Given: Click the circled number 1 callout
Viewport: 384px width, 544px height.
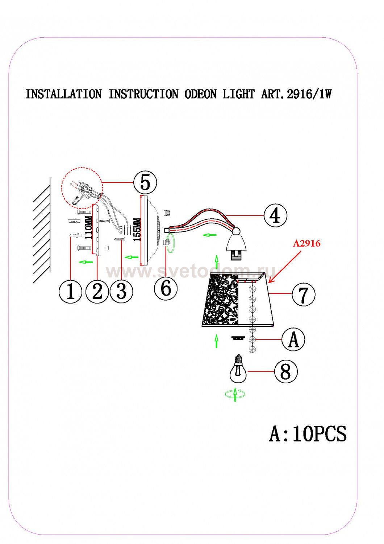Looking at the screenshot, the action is (71, 292).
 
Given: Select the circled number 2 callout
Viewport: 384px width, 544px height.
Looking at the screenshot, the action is (97, 292).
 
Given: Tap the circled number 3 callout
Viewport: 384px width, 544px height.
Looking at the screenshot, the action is (121, 292).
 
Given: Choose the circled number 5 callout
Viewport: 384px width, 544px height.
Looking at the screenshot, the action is (145, 182).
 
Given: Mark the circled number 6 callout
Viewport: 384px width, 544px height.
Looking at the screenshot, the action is (166, 289).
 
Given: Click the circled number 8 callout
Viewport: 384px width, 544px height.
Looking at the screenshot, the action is (286, 371).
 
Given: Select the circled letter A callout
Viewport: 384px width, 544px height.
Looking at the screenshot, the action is (293, 339).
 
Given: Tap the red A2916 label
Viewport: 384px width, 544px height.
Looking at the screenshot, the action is (306, 243).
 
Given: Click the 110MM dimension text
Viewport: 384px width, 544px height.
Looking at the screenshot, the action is (88, 227).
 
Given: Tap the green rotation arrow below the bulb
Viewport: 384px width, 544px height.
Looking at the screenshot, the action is (235, 393).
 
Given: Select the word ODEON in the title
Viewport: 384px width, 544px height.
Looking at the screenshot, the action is (200, 94).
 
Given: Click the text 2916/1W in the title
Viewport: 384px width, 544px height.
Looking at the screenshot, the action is (309, 94).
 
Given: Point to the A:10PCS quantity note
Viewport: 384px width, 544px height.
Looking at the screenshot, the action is (308, 434).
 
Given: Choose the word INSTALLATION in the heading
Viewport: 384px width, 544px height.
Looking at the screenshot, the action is (63, 94).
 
